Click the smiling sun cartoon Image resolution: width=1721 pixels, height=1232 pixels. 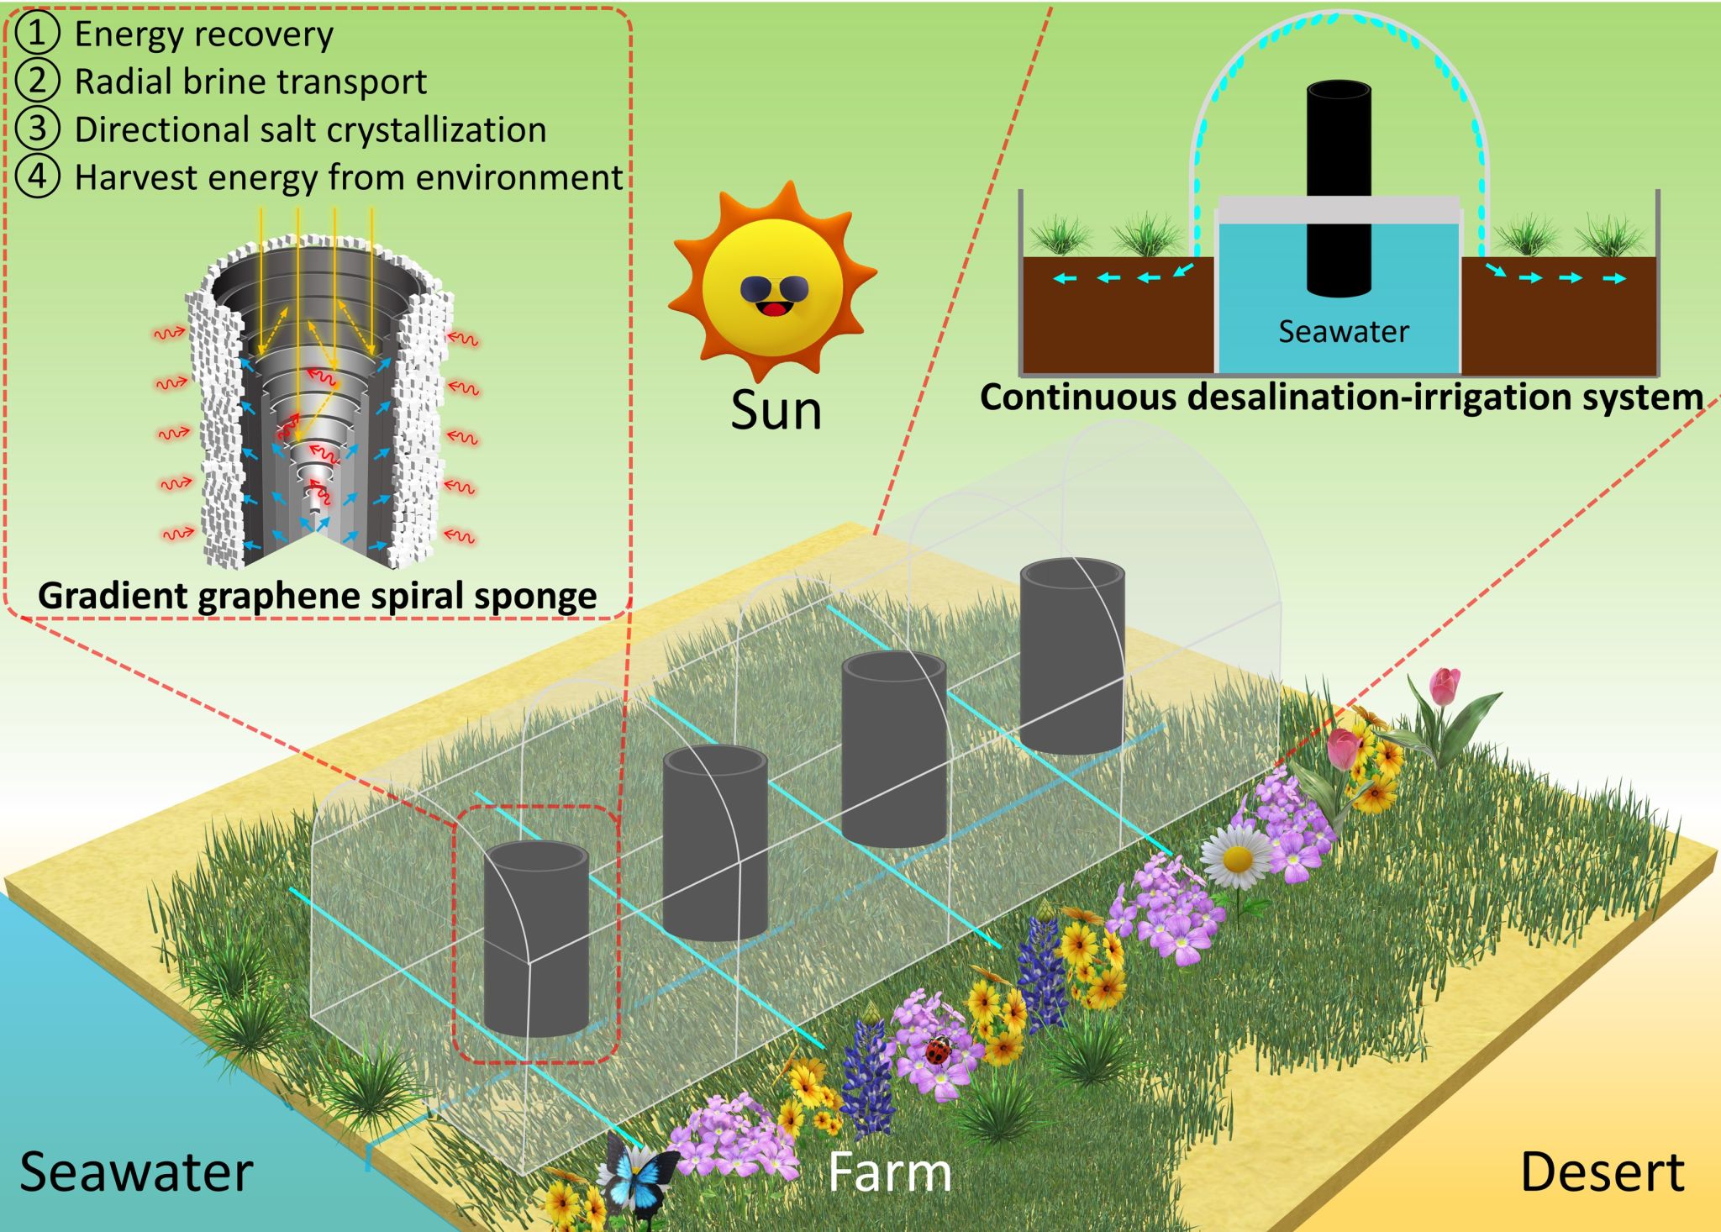point(771,282)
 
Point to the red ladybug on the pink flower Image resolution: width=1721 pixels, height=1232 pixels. point(939,1049)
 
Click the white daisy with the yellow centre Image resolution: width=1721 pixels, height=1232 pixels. point(1236,857)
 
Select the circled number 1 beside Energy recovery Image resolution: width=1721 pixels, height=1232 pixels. point(38,34)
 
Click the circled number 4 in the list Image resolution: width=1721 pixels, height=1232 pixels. point(38,177)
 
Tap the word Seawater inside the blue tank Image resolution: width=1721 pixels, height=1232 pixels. point(1343,332)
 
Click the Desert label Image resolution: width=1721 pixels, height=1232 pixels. point(1602,1171)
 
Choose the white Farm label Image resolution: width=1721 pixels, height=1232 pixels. point(889,1171)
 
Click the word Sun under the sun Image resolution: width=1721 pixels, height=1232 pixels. point(776,411)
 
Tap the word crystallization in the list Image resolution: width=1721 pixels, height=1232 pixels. point(436,130)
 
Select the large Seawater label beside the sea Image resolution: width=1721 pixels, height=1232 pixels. point(136,1171)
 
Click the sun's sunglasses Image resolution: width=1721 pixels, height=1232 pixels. point(773,289)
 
